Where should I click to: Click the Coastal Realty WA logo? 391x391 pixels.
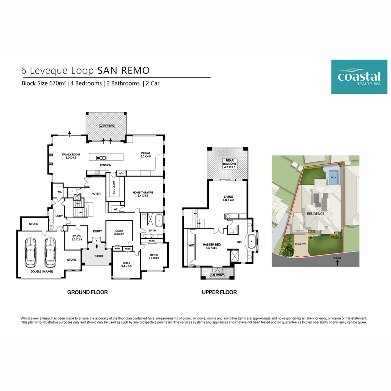pos(359,76)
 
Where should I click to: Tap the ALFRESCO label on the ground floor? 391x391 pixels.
pos(107,126)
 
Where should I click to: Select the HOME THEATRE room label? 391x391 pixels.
pos(143,194)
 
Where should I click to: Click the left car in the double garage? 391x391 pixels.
pos(30,252)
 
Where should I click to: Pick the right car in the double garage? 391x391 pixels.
pos(50,252)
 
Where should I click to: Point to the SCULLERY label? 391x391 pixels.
pos(114,187)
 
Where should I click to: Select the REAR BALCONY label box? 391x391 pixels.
pos(230,164)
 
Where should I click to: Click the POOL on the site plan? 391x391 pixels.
pos(334,177)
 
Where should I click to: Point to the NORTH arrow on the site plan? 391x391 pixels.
pos(337,262)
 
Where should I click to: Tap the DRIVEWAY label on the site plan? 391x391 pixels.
pos(300,244)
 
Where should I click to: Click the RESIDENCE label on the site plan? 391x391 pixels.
pos(315,214)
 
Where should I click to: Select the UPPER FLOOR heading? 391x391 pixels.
pos(219,292)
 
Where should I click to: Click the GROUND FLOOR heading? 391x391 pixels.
pos(88,292)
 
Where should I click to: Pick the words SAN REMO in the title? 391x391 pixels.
pos(123,70)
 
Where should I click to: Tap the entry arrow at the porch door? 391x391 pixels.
pos(97,246)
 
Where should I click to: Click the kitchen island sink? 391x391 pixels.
pos(101,158)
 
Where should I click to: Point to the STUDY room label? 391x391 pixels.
pos(77,238)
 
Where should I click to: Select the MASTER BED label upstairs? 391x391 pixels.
pos(211,247)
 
